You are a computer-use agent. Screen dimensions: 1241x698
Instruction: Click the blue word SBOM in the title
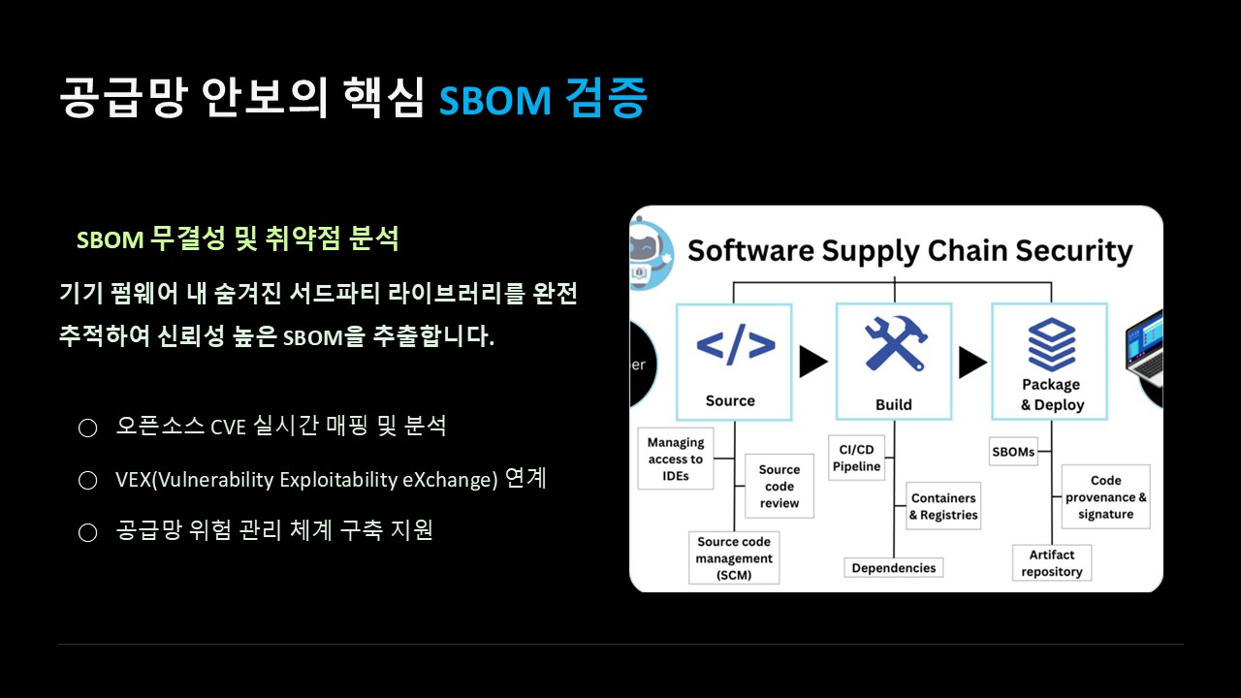494,100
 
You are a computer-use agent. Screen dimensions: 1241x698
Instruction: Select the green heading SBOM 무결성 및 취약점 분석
238,238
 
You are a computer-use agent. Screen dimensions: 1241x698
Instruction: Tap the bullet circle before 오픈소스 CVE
87,428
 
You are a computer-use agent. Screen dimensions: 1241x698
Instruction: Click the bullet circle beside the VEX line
87,480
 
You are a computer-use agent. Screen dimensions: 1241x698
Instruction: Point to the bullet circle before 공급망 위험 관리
87,532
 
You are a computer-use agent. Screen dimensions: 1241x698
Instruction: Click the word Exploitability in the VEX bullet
338,480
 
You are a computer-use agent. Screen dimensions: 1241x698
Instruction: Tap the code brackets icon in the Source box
735,344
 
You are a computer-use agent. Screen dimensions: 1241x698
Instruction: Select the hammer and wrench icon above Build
895,342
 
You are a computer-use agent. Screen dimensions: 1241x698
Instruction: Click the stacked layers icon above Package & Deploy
1052,344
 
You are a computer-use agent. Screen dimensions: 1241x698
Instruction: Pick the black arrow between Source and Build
813,362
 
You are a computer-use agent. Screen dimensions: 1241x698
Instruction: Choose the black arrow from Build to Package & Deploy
972,363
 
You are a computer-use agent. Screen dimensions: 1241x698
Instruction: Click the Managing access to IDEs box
676,459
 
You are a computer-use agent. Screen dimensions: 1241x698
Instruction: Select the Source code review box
779,486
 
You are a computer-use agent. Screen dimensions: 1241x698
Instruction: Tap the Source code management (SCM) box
734,557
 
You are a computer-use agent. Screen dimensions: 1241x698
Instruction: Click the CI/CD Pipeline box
856,458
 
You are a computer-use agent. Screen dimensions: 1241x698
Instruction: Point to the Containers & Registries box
943,506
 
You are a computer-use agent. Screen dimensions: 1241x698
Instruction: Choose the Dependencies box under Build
894,568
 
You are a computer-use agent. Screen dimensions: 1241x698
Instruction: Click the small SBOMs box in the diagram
1013,452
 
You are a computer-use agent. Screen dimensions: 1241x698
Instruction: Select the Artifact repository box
1052,563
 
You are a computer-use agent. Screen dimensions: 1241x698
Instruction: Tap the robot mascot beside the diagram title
651,255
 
